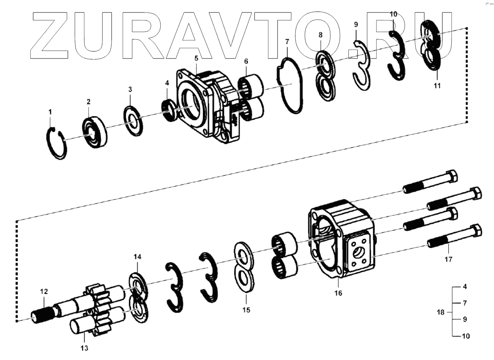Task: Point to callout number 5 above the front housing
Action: coord(196,58)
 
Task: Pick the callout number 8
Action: coord(321,35)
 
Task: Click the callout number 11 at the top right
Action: coord(437,86)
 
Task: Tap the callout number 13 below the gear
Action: coord(84,348)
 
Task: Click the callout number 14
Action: coord(137,257)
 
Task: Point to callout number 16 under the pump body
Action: coord(338,293)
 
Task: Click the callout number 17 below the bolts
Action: coord(448,259)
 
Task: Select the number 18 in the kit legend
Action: coord(441,312)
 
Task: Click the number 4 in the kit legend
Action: coord(465,287)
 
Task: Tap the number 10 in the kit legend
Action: coord(466,336)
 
